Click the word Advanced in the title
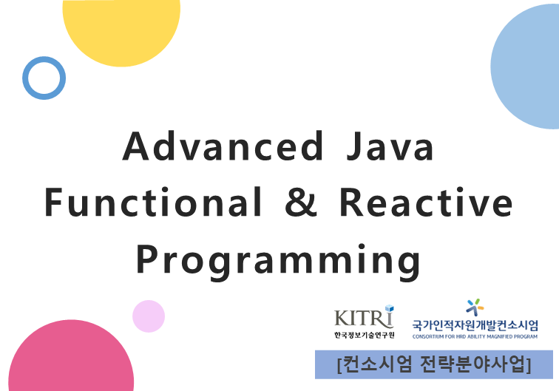pos(223,146)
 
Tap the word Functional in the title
pos(154,203)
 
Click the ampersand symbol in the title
pos(300,203)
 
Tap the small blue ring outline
pos(44,78)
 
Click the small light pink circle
pos(149,316)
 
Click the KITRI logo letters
pos(363,317)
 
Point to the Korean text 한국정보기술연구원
pos(364,336)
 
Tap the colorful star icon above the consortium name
pos(475,306)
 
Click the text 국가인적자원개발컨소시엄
pos(475,324)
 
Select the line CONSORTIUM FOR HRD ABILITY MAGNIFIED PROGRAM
pos(475,336)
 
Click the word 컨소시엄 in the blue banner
pos(374,364)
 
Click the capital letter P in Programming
pos(148,259)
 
